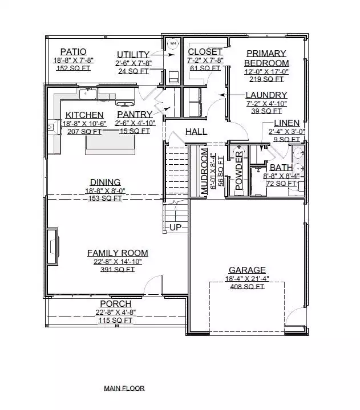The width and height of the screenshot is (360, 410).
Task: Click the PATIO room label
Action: (73, 52)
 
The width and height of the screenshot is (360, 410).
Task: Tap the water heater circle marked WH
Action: (173, 43)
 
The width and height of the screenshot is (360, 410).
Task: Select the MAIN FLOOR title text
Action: (124, 388)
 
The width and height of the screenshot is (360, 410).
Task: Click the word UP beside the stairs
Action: (175, 227)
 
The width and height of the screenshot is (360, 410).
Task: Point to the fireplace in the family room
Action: (52, 246)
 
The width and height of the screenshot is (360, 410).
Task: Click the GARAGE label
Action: (247, 270)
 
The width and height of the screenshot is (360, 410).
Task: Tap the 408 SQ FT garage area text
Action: (247, 287)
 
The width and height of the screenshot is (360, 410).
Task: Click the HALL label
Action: (196, 132)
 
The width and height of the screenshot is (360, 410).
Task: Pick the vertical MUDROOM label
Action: (204, 171)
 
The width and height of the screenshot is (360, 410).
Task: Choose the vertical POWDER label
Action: (239, 171)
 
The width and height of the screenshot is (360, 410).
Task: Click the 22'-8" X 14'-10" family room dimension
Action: (118, 261)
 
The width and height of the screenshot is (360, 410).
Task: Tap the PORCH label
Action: (116, 304)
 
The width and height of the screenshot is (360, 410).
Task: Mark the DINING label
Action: (105, 182)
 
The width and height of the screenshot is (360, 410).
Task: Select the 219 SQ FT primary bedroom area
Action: (266, 79)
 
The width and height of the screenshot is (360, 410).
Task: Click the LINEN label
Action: (287, 123)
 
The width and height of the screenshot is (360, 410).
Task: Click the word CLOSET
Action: (205, 52)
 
